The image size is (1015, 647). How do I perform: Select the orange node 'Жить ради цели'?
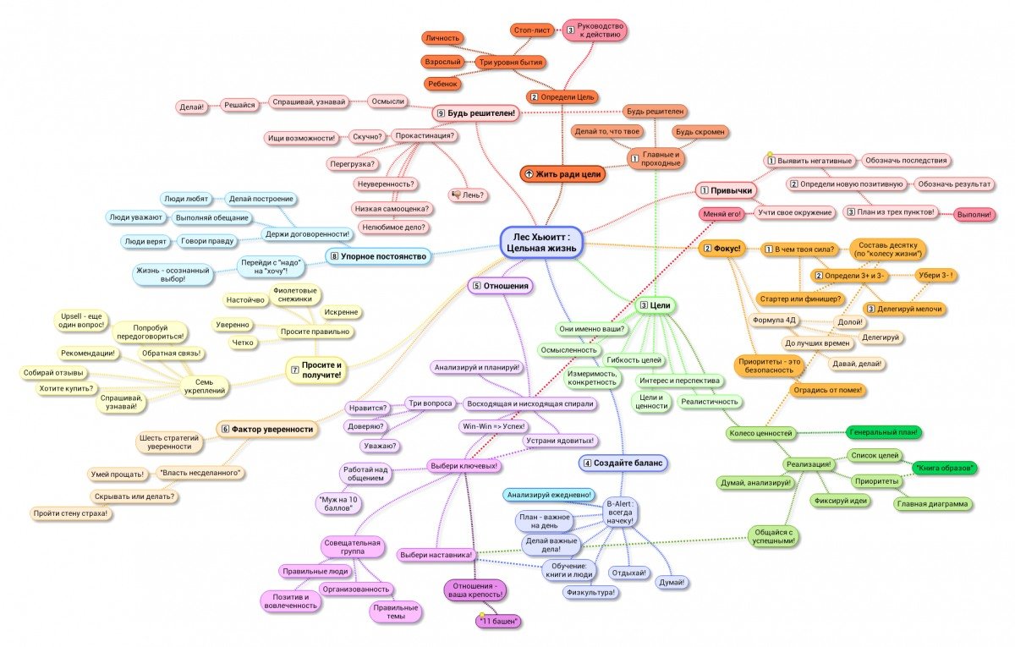(x=562, y=173)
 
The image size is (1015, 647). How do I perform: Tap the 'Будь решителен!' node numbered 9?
(x=475, y=112)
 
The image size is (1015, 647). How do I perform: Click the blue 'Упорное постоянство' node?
(x=378, y=255)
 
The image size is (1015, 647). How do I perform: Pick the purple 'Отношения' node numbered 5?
(x=502, y=286)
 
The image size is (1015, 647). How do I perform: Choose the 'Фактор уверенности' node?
(x=268, y=429)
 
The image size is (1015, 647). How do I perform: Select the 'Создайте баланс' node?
(x=623, y=463)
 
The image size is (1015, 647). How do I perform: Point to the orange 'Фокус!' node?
(x=721, y=249)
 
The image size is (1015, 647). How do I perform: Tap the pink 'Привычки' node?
(x=726, y=190)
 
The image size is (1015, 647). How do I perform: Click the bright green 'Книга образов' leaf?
(x=945, y=467)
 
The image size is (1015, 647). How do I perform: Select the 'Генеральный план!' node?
(x=883, y=432)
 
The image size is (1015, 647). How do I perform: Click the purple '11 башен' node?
(x=498, y=622)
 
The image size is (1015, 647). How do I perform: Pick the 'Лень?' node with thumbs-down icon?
(x=469, y=195)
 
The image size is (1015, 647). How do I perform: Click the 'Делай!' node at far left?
(x=191, y=107)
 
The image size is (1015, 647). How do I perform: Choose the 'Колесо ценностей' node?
(x=760, y=433)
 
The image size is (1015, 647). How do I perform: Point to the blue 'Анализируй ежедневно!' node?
(x=550, y=495)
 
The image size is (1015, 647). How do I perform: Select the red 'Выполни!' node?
(x=974, y=215)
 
